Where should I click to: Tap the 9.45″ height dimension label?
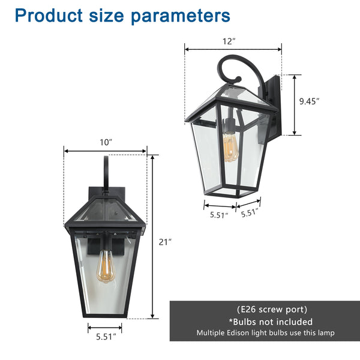pos(309,101)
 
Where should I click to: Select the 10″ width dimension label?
pos(106,142)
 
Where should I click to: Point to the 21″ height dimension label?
pos(165,242)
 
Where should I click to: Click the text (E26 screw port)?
pos(264,310)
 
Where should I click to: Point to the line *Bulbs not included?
pos(264,322)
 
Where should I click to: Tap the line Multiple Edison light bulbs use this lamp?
pos(264,332)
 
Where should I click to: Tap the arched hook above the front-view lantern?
pos(106,171)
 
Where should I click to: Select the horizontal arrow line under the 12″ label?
pos(233,50)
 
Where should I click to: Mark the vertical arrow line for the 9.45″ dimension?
pos(295,105)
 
